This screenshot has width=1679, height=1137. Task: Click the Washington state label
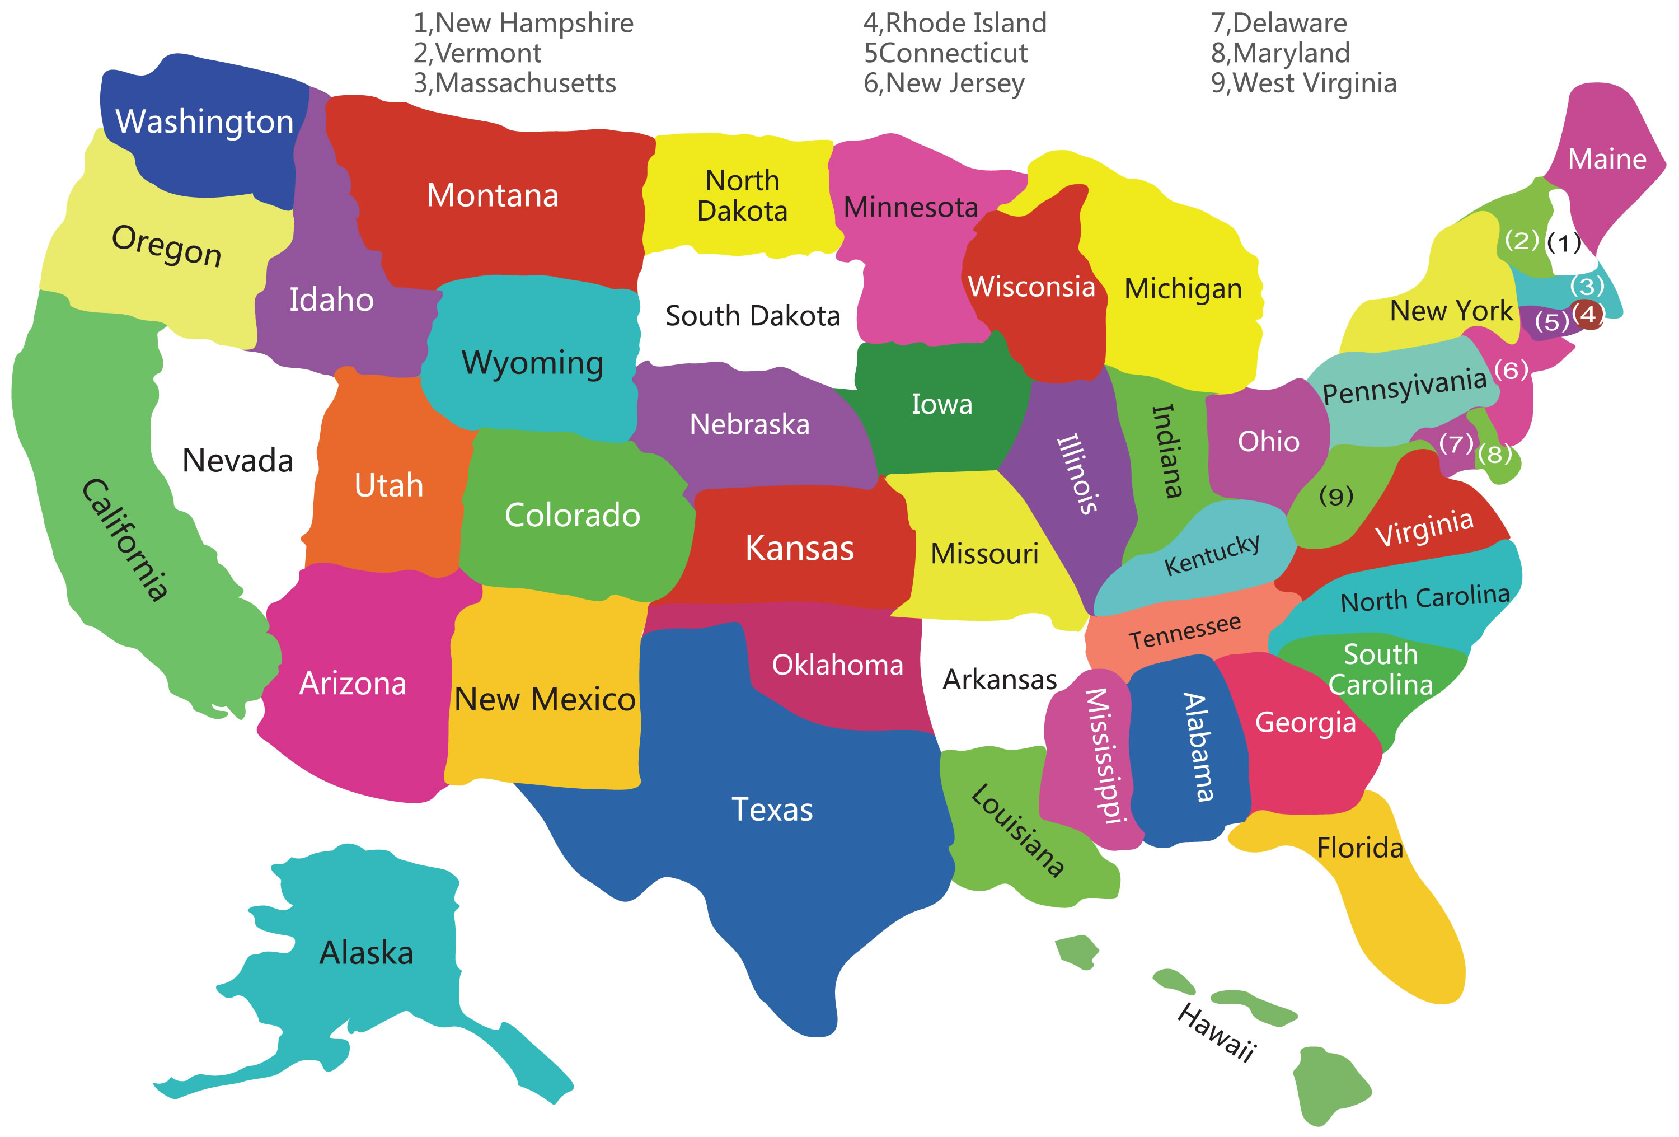[204, 121]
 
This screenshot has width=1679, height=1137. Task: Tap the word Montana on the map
[493, 195]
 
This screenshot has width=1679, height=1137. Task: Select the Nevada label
[238, 460]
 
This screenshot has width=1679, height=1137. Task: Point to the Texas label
[772, 810]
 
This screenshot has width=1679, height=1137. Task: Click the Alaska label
[366, 953]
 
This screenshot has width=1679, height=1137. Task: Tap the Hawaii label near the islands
[1217, 1033]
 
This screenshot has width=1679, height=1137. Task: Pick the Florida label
[1359, 847]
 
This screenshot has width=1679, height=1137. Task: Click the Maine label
[1607, 158]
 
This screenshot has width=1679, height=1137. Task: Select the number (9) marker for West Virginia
[1336, 496]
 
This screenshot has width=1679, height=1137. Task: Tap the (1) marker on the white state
[1563, 243]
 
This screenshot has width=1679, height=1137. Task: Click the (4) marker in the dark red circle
[1588, 315]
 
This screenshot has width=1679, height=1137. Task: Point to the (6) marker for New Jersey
[1511, 370]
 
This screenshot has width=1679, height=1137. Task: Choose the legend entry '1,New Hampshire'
[523, 23]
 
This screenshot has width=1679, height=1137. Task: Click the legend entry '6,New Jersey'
[944, 83]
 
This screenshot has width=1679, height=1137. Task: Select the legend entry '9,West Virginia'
[1303, 83]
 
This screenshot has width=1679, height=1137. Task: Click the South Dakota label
[752, 316]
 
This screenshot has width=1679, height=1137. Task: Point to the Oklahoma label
[837, 665]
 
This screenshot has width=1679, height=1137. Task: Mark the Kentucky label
[1212, 554]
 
